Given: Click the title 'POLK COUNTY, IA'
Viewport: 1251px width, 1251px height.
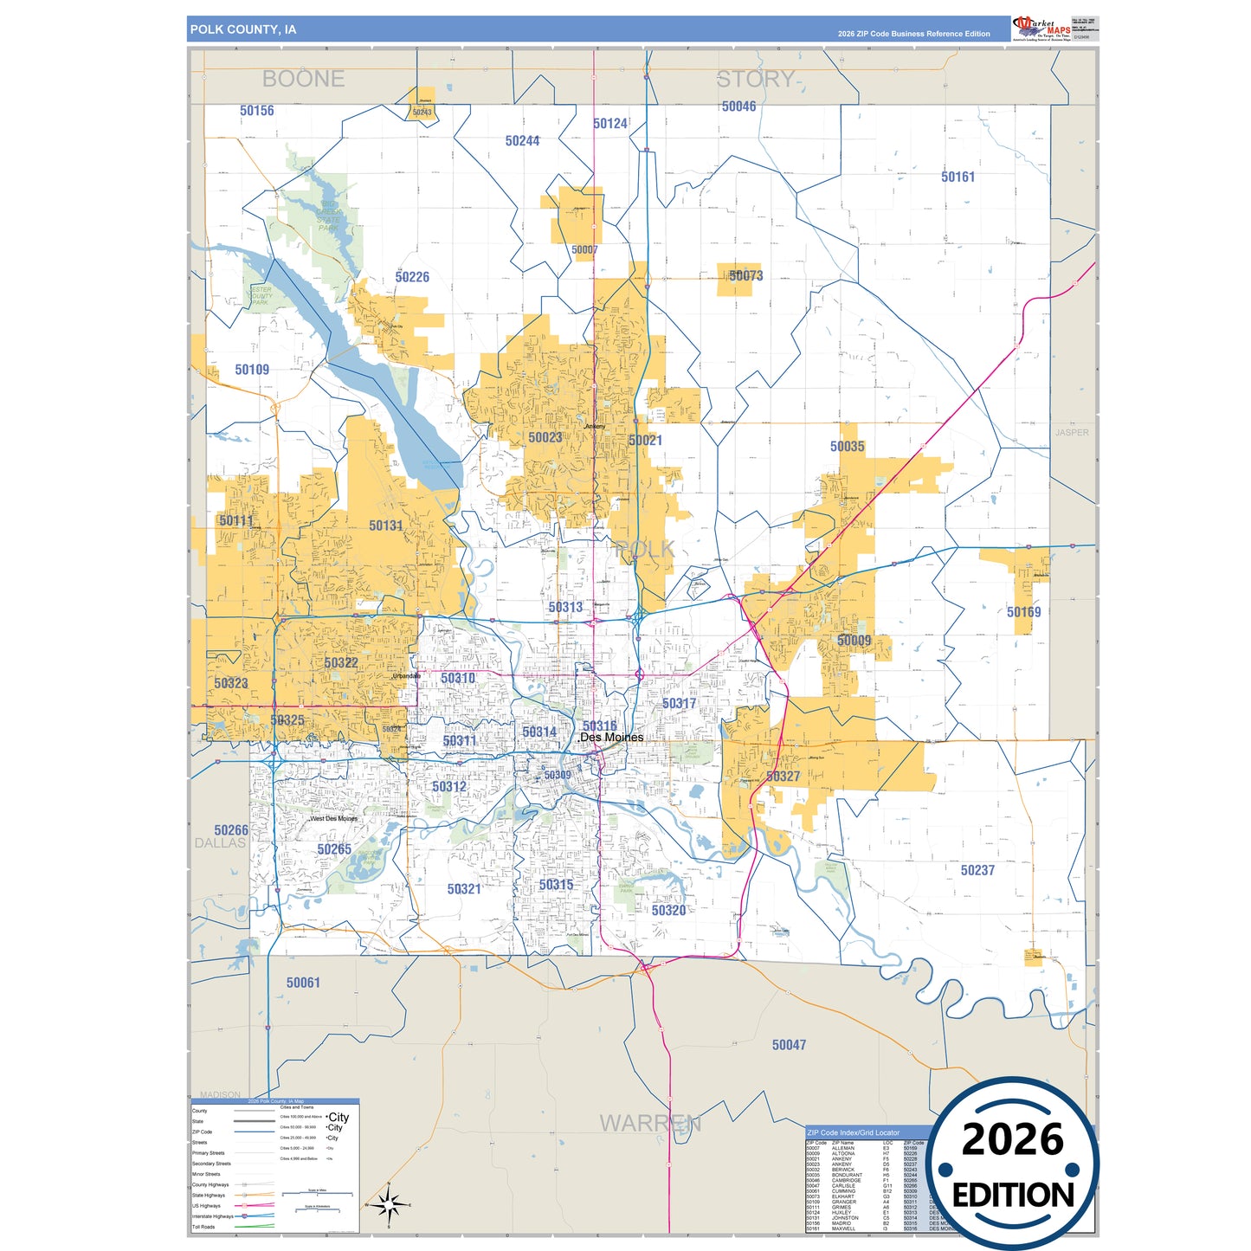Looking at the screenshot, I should pyautogui.click(x=243, y=29).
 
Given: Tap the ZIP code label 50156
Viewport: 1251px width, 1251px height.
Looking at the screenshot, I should pyautogui.click(x=257, y=111).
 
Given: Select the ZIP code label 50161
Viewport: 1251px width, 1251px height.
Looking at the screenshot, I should pyautogui.click(x=958, y=177).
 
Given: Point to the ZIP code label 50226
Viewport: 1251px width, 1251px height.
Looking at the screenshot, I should pyautogui.click(x=412, y=277).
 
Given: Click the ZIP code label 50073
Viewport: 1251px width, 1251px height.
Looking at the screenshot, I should pyautogui.click(x=745, y=276).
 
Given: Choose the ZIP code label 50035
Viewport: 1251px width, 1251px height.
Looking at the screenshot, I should pyautogui.click(x=847, y=447).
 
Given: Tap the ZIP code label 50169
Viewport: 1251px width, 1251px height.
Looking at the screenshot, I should pyautogui.click(x=1023, y=612).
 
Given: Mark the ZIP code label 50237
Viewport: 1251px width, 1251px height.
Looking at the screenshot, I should pyautogui.click(x=977, y=870).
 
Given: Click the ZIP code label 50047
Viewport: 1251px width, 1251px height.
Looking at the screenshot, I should pyautogui.click(x=789, y=1045).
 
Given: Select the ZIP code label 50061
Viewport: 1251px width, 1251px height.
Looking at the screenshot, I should pyautogui.click(x=303, y=983).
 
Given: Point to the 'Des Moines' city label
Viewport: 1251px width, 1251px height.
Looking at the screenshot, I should pyautogui.click(x=611, y=738).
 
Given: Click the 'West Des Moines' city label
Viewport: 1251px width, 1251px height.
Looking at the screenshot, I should pyautogui.click(x=333, y=818).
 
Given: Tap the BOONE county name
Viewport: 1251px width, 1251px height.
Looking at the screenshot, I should pyautogui.click(x=303, y=79).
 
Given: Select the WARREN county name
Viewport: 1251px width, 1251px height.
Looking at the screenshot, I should pyautogui.click(x=650, y=1123).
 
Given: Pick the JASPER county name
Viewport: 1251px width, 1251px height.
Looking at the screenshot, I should pyautogui.click(x=1072, y=432).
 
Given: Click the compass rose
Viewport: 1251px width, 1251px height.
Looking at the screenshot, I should pyautogui.click(x=389, y=1204).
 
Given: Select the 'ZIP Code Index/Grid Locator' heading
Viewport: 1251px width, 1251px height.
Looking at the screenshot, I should pyautogui.click(x=853, y=1132).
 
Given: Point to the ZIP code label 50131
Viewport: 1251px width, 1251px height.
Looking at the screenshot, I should pyautogui.click(x=385, y=526).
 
